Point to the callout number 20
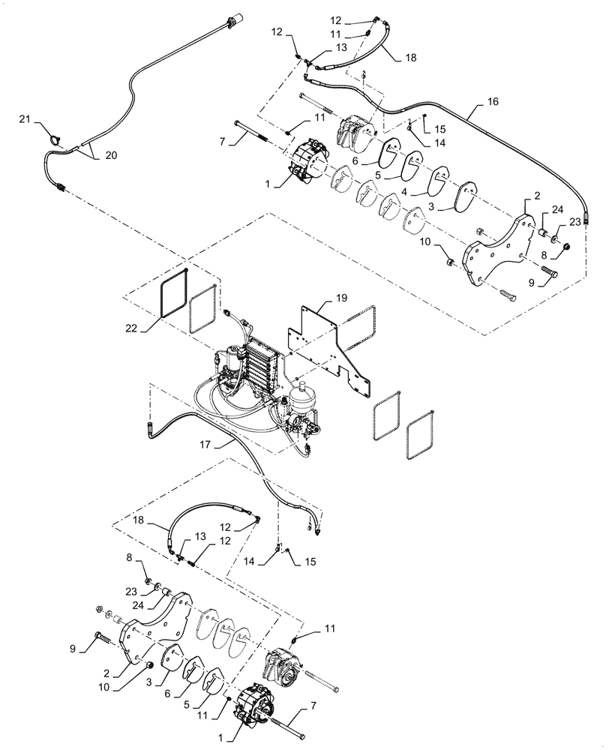[110, 155]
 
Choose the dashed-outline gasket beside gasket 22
[202, 307]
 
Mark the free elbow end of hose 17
[150, 428]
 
